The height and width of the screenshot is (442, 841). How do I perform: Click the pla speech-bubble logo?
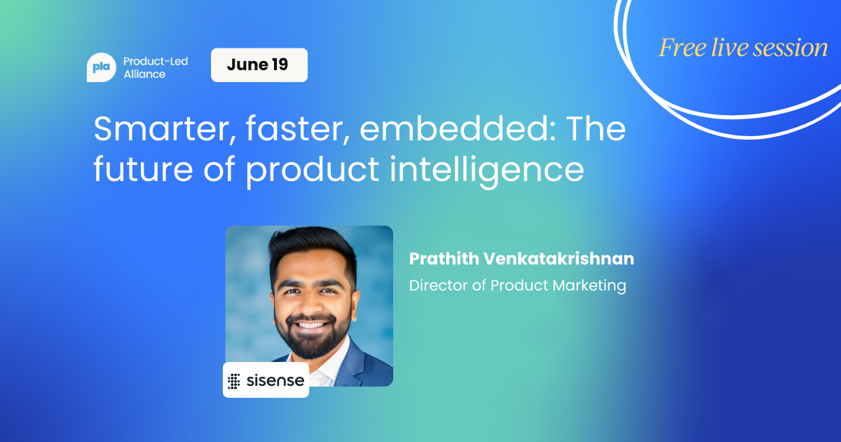[102, 67]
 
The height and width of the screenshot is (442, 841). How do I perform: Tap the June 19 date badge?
[259, 65]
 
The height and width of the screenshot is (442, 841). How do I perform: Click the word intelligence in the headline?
[486, 169]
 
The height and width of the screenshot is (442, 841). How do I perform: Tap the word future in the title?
[143, 169]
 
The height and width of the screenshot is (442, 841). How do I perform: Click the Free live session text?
[743, 48]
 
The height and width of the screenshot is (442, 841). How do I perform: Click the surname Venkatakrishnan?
[559, 259]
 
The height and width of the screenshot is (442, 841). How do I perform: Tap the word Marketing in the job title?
[589, 286]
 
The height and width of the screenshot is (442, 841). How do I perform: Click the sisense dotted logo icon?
[233, 382]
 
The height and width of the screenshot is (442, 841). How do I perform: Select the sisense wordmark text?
[275, 381]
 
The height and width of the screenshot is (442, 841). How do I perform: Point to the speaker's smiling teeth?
[311, 325]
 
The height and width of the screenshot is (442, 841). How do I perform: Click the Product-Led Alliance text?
[156, 67]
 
